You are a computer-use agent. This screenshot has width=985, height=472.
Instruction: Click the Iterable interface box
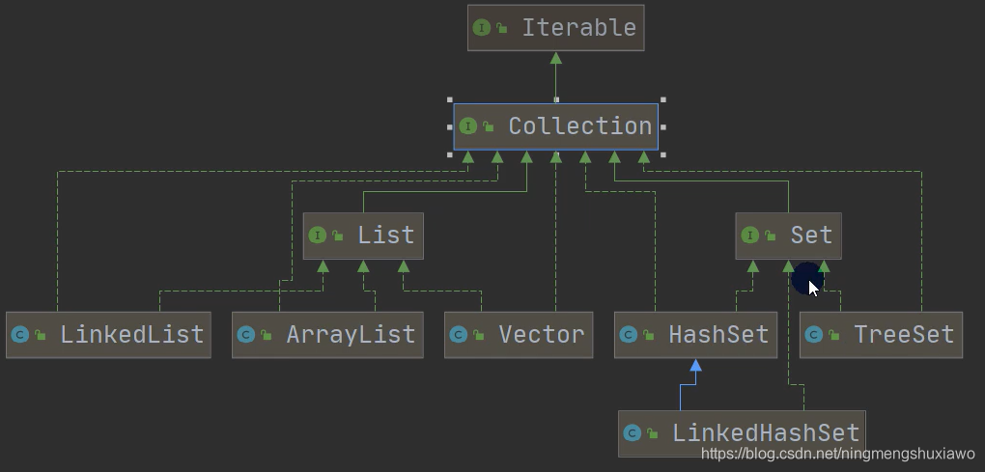tap(555, 27)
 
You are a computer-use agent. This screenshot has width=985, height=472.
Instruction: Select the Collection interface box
tap(556, 126)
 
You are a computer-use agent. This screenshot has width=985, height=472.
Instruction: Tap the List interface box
tap(363, 236)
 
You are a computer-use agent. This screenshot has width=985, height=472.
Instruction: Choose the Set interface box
tap(788, 236)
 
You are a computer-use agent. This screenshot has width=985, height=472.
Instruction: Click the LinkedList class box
tap(108, 335)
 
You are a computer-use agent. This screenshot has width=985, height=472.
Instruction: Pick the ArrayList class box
tap(327, 335)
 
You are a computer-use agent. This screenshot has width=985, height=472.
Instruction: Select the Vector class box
tap(519, 335)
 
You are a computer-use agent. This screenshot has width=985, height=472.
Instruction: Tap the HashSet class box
tap(695, 335)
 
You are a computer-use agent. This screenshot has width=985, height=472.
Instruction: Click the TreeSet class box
tap(881, 335)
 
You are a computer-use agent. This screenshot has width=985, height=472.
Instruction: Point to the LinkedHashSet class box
tap(742, 433)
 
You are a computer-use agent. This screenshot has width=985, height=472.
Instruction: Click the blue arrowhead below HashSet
tap(695, 365)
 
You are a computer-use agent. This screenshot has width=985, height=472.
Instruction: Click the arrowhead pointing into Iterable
tap(555, 58)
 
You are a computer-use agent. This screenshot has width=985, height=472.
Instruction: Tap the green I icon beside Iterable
tap(482, 28)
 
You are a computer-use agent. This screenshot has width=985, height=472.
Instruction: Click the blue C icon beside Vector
tap(459, 335)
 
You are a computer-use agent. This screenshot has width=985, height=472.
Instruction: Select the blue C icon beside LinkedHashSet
tap(633, 433)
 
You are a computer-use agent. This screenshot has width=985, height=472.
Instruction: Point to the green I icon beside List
tap(318, 236)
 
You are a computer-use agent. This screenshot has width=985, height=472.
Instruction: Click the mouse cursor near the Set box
tap(812, 287)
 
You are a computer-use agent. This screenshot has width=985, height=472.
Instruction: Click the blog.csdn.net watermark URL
tap(837, 454)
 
